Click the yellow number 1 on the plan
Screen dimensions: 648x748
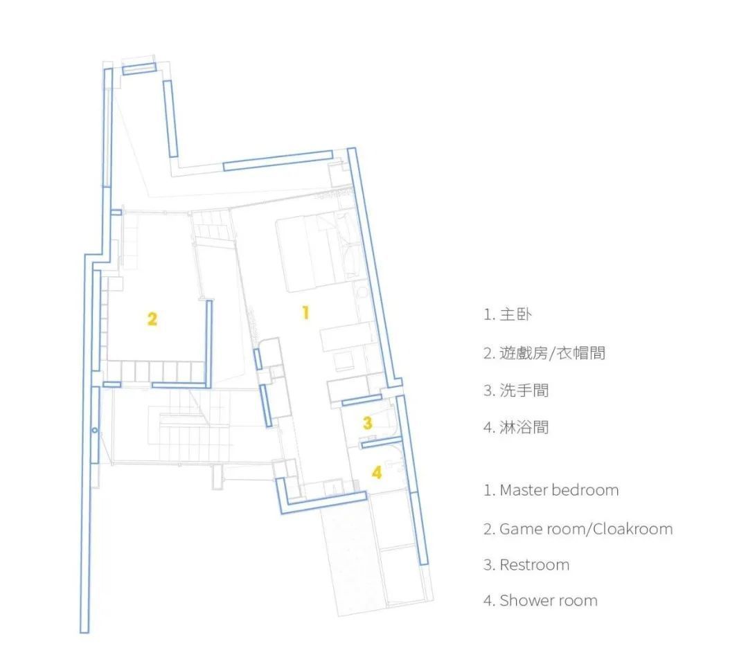click(x=305, y=312)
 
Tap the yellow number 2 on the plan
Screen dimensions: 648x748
click(x=152, y=318)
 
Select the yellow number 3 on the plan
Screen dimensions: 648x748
click(x=368, y=422)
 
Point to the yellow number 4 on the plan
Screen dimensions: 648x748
click(x=376, y=473)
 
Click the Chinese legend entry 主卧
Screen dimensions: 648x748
click(x=515, y=314)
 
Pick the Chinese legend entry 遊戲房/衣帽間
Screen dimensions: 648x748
click(x=552, y=353)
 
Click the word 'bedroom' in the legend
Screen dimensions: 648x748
click(x=585, y=490)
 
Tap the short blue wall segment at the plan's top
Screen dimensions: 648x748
click(x=139, y=67)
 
